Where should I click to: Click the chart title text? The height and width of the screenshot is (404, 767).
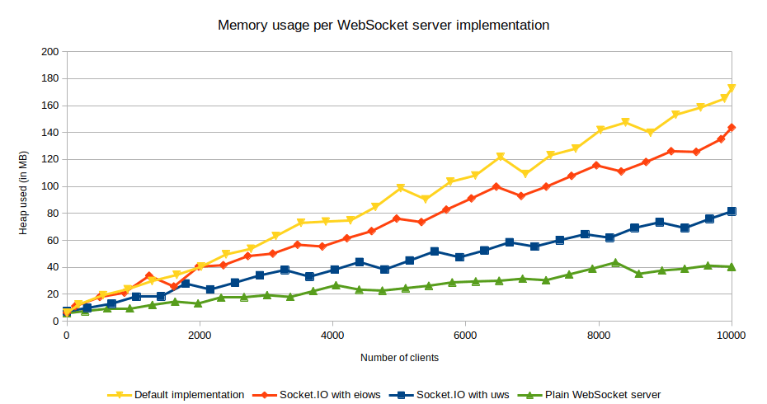[x=383, y=25]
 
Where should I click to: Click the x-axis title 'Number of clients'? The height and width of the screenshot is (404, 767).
[x=399, y=358]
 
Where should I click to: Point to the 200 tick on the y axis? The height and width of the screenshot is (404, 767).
[x=49, y=52]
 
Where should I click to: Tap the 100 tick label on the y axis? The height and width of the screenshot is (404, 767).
[x=49, y=186]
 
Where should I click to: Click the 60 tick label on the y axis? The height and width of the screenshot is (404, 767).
[x=51, y=240]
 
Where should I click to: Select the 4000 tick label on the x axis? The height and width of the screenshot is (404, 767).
[x=332, y=336]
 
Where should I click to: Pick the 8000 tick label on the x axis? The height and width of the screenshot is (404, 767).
[x=598, y=336]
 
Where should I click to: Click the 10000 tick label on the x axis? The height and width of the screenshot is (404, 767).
[x=731, y=336]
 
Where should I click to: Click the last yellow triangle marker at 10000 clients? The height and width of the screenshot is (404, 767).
[x=732, y=88]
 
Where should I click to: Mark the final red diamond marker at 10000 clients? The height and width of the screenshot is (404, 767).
[x=732, y=128]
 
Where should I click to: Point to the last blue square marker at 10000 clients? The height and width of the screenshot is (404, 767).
[x=732, y=212]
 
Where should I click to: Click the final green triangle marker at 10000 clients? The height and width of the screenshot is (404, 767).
[x=732, y=266]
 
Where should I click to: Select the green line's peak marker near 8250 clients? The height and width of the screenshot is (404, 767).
[x=615, y=262]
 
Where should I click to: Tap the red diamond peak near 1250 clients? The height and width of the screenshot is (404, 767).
[x=149, y=275]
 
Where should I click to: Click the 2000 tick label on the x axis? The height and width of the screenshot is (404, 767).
[x=200, y=336]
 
